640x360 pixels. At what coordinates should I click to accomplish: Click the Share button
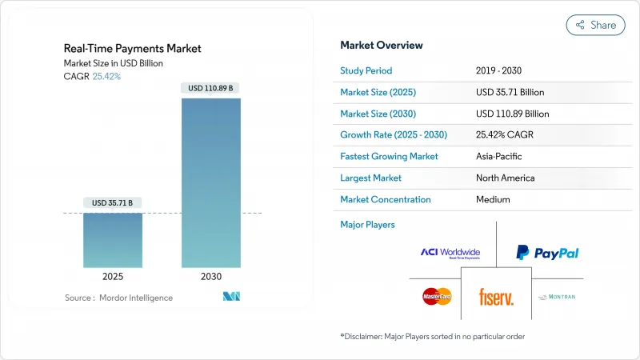(595, 25)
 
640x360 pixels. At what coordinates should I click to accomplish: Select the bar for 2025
(113, 239)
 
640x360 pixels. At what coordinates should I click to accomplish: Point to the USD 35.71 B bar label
(113, 203)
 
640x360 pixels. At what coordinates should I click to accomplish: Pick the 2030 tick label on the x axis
(210, 276)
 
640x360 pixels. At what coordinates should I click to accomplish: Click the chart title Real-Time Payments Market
(133, 49)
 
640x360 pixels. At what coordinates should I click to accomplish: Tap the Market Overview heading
(382, 45)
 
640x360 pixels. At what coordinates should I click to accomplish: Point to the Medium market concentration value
(493, 199)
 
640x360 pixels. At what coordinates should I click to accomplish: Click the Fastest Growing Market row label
(389, 157)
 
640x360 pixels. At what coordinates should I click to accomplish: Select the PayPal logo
(547, 253)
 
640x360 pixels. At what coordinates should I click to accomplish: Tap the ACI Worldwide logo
(450, 253)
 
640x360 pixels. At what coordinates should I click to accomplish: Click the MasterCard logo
(437, 297)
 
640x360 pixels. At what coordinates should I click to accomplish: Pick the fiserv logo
(496, 298)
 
